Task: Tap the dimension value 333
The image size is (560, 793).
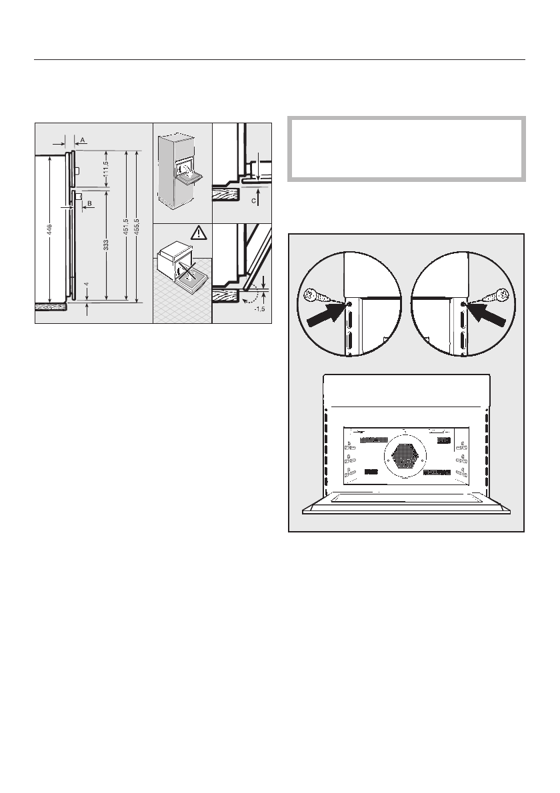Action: coord(106,245)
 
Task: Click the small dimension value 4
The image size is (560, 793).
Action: coord(87,284)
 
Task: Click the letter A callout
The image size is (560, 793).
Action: coord(82,140)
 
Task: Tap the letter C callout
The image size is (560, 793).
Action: coord(253,199)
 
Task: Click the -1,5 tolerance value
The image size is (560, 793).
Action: coord(260,310)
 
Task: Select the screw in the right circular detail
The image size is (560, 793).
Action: coord(501,296)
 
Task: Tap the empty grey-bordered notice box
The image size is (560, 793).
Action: coord(407,149)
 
